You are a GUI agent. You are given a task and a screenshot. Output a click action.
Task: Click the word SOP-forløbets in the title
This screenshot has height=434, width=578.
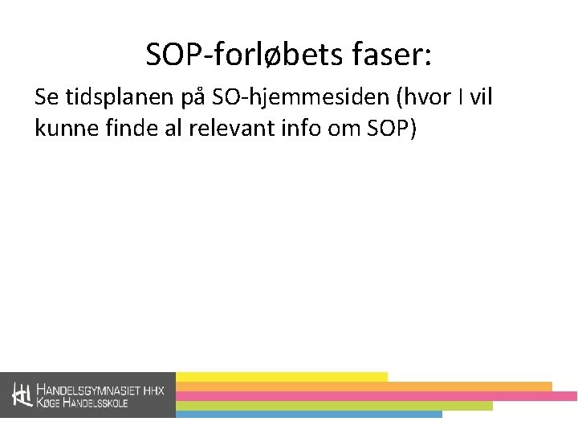[x=245, y=55]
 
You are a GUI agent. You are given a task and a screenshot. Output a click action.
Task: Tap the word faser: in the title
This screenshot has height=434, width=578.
[x=393, y=55]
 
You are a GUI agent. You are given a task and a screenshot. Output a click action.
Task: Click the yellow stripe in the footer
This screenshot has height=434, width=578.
[x=281, y=376]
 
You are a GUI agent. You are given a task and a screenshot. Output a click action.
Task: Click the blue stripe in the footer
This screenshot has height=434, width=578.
[x=308, y=415]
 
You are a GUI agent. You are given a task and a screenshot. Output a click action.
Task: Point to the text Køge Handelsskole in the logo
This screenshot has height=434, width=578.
[x=83, y=402]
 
